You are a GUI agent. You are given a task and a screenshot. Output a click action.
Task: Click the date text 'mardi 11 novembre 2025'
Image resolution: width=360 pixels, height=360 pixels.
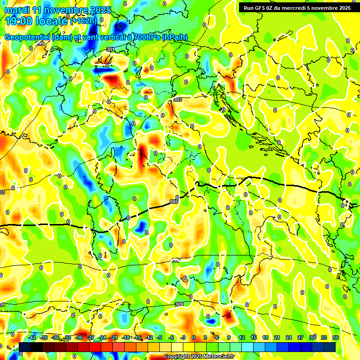tap(56, 10)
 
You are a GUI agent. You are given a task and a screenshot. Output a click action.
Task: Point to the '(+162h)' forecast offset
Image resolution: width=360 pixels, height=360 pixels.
tap(84, 21)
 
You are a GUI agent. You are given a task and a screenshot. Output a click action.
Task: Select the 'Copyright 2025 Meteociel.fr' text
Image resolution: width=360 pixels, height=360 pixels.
tap(199, 357)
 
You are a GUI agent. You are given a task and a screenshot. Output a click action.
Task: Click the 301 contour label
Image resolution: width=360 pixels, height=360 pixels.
tap(110, 49)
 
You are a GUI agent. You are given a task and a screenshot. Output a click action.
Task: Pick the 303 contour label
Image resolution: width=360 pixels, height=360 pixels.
tap(177, 99)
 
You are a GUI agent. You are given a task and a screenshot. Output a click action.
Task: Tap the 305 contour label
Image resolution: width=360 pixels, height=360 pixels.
tap(173, 202)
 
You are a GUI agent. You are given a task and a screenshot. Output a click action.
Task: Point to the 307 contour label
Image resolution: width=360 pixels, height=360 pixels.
tap(176, 260)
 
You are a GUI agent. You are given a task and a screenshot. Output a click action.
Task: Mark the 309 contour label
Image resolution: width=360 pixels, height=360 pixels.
tap(179, 304)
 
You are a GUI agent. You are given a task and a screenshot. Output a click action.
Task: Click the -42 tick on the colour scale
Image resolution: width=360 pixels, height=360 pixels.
tap(32, 337)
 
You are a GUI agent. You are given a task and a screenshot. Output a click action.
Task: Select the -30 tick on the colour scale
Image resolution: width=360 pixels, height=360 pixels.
tap(79, 337)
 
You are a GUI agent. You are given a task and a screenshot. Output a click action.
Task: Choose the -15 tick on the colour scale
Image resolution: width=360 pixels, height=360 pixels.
tap(138, 337)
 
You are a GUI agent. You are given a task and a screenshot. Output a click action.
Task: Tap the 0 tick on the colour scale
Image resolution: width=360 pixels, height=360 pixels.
tap(194, 337)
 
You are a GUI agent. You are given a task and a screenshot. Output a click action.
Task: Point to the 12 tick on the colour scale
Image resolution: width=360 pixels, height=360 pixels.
tap(242, 337)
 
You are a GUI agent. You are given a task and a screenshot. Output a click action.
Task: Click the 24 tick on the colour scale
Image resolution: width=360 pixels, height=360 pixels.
tap(288, 337)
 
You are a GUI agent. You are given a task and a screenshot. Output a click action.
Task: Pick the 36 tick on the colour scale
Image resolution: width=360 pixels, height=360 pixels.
tap(336, 337)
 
